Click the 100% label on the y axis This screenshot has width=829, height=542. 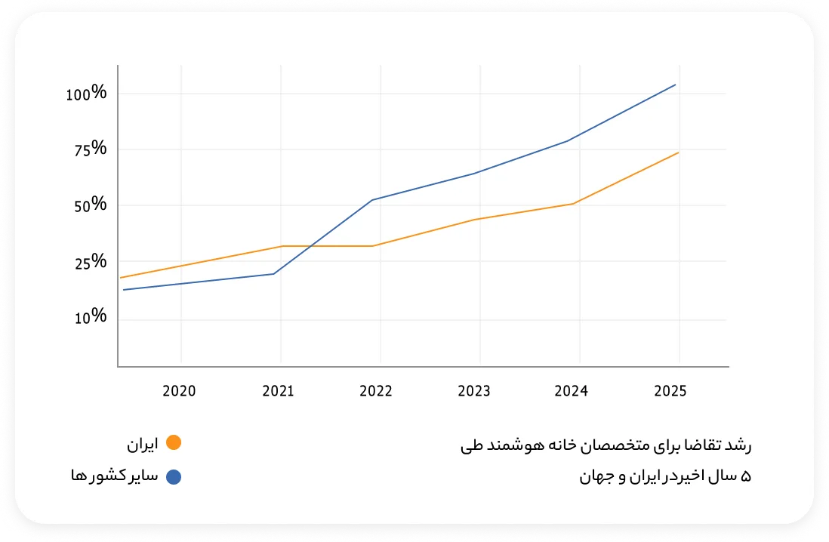86,94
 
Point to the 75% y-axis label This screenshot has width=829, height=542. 90,149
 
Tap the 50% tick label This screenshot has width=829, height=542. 89,205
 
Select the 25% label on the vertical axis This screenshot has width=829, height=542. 90,263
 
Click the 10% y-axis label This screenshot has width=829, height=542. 90,318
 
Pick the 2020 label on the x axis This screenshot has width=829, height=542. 179,391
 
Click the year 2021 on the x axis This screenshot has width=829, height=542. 278,391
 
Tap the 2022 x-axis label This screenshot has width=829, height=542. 376,391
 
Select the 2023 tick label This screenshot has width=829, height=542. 474,391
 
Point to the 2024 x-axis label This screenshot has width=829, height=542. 571,391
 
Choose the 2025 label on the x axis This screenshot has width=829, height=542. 670,391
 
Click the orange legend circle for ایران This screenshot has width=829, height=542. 173,444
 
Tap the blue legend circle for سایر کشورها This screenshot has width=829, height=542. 173,476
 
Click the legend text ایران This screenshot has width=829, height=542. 143,445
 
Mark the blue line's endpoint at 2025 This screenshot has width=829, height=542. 675,85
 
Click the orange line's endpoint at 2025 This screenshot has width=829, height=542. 678,152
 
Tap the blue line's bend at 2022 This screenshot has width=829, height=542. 373,200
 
